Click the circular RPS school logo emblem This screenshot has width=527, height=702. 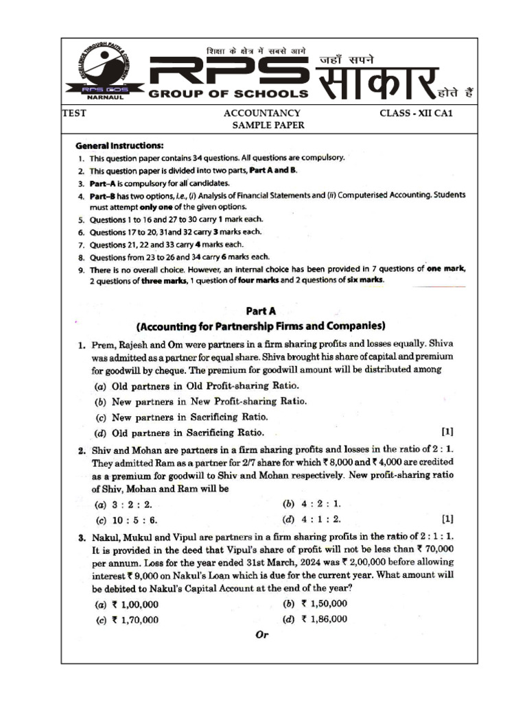pos(104,66)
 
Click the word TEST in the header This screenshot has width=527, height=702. pos(74,113)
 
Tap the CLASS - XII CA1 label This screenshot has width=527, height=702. pos(417,113)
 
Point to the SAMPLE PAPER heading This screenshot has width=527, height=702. pos(268,125)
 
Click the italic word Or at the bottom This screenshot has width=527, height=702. pos(261,635)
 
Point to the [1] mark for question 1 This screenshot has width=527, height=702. pos(447,432)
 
